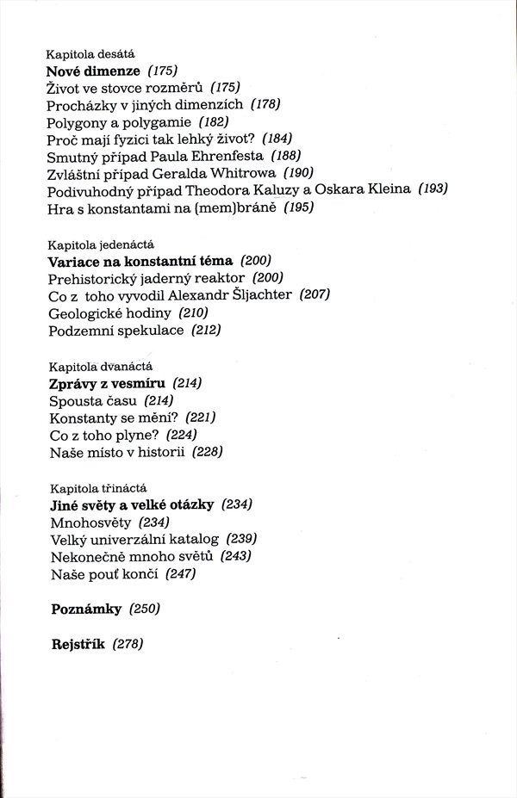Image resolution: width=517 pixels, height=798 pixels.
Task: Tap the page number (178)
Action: click(x=266, y=104)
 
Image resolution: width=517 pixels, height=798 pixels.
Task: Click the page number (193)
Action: click(x=433, y=189)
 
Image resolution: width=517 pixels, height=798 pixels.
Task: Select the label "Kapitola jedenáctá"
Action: click(x=102, y=244)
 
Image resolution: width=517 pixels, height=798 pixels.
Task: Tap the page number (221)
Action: click(x=200, y=417)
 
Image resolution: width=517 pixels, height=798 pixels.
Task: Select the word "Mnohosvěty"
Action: click(x=90, y=522)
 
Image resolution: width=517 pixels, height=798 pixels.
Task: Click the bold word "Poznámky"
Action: click(x=87, y=609)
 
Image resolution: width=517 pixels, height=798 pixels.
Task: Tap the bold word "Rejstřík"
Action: click(x=78, y=644)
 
